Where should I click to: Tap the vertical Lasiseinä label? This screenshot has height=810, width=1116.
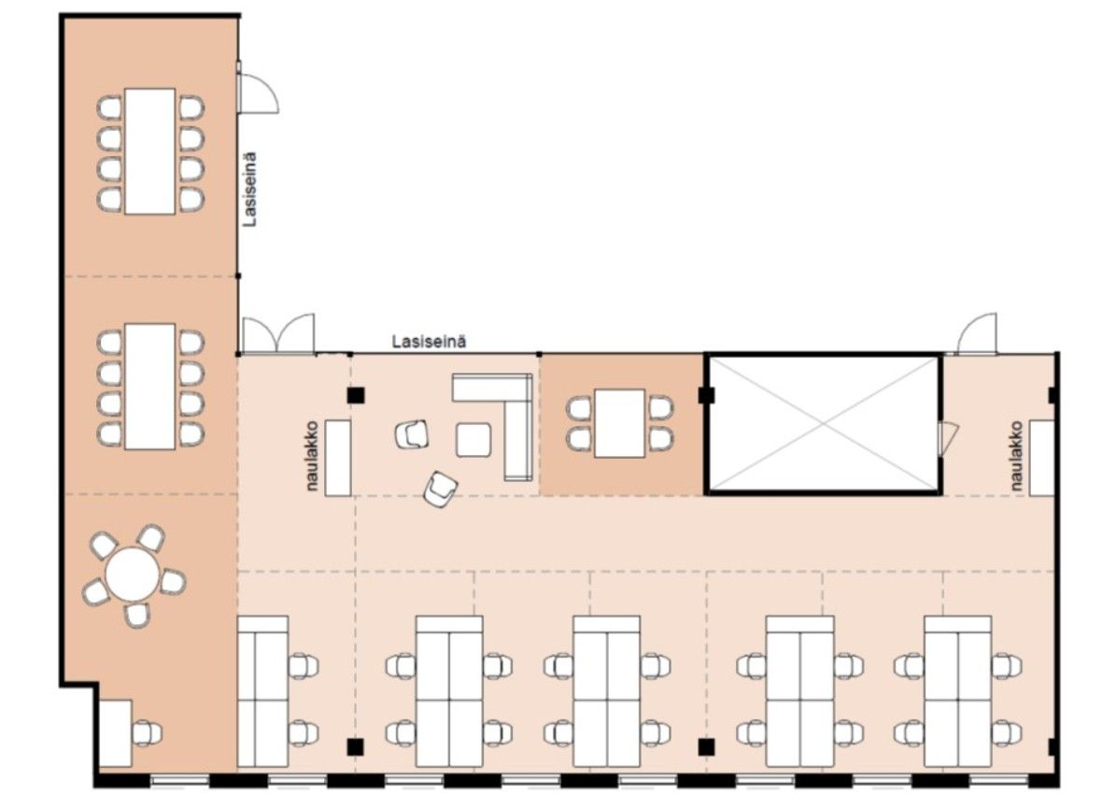click(x=249, y=190)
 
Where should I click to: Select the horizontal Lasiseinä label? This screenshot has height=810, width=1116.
click(x=430, y=342)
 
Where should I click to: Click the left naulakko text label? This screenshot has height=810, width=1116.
click(x=313, y=456)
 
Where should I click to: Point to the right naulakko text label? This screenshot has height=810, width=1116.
click(x=1016, y=456)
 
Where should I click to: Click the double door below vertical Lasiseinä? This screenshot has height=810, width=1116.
click(x=277, y=334)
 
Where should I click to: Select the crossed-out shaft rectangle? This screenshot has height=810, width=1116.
click(x=825, y=423)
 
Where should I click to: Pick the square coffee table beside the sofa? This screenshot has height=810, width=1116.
click(x=473, y=440)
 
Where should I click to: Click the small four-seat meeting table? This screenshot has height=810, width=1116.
click(x=620, y=423)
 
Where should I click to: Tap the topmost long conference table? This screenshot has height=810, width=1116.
click(x=150, y=151)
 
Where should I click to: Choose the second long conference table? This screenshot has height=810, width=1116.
click(x=150, y=387)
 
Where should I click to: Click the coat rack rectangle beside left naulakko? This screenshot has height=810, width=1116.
click(x=338, y=458)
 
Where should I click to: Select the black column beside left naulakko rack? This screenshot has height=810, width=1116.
click(x=355, y=395)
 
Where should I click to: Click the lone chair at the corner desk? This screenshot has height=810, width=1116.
click(x=147, y=733)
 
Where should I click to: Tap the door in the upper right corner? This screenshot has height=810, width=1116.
click(x=977, y=334)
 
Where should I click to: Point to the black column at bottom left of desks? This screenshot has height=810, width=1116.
click(x=355, y=746)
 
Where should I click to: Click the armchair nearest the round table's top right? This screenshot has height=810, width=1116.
click(x=151, y=539)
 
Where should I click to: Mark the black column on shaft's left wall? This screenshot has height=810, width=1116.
click(x=707, y=395)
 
